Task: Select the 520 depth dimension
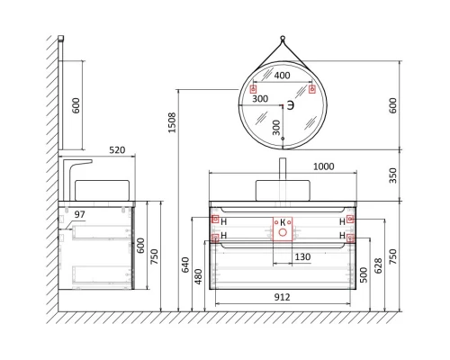[91, 151]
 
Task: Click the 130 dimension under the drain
[302, 258]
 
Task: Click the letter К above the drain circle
[282, 220]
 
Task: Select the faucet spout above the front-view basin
[283, 169]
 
